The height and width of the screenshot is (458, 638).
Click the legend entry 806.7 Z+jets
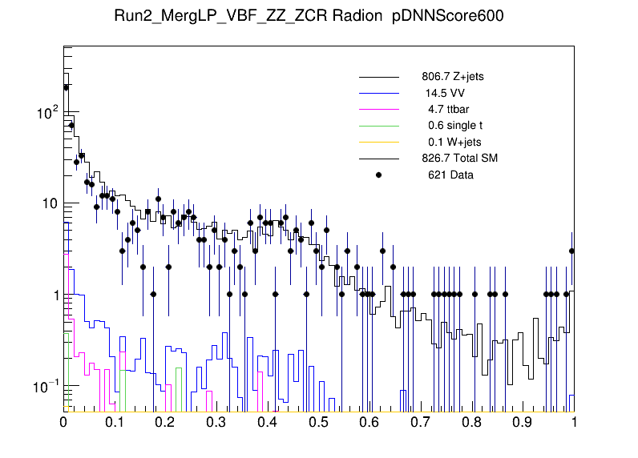(x=452, y=78)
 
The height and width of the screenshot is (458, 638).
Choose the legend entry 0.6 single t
(x=454, y=126)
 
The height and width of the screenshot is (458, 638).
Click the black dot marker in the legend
(x=379, y=175)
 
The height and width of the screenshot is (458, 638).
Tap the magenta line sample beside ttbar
(x=379, y=110)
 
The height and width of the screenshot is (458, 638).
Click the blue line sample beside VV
(x=379, y=94)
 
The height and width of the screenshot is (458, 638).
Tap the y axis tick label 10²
(x=47, y=113)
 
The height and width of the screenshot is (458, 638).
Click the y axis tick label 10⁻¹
(x=47, y=388)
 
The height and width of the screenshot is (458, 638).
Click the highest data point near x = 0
(x=66, y=87)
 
